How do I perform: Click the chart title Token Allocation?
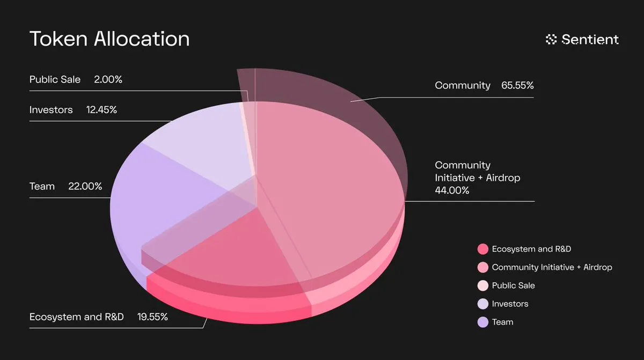109,39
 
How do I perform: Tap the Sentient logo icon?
551,39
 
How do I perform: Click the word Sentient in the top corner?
590,39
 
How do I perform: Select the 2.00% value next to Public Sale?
108,79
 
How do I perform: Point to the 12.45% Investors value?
101,110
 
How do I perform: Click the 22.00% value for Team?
85,186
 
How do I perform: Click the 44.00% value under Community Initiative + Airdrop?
452,190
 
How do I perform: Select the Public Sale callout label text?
55,79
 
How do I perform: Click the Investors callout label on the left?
51,110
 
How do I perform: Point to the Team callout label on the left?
42,186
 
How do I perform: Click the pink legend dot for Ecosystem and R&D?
482,249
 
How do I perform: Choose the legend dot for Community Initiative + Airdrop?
482,267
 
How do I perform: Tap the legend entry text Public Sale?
513,285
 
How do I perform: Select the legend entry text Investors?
510,304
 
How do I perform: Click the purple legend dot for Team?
482,322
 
